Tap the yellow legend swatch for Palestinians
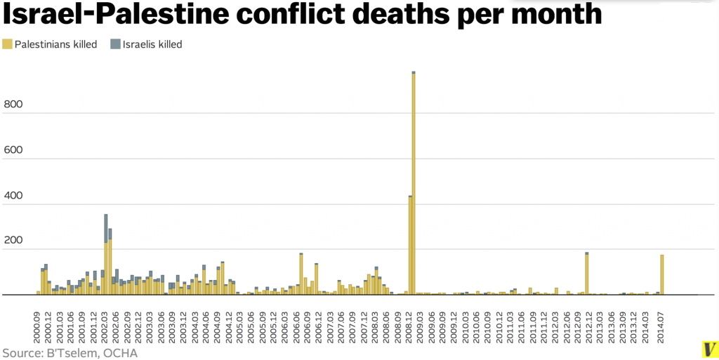tap(7, 44)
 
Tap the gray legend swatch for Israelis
tap(115, 44)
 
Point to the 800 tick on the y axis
tap(13, 105)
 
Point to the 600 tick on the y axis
tap(13, 150)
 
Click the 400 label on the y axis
tap(13, 195)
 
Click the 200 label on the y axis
tap(13, 240)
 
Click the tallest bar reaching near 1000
tap(414, 182)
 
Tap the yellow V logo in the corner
tap(709, 349)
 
